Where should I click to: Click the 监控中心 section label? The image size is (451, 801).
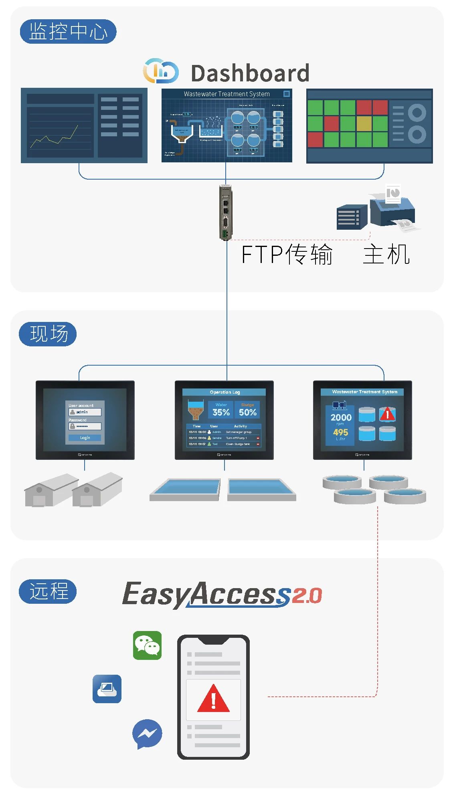[x=68, y=31]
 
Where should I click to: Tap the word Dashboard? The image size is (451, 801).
[x=250, y=73]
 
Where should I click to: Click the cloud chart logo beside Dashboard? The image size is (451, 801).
[x=161, y=71]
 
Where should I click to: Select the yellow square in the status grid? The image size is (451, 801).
[x=364, y=123]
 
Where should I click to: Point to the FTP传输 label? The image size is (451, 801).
[x=287, y=254]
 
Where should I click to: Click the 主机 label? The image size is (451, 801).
[x=386, y=254]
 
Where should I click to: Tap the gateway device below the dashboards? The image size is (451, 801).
[x=225, y=212]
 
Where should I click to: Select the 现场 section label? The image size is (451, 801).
[x=48, y=334]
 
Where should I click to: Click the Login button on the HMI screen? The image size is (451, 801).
[x=85, y=438]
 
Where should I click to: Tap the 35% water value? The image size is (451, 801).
[x=221, y=412]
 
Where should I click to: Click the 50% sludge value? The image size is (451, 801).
[x=247, y=412]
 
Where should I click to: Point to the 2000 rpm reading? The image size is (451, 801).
[x=341, y=417]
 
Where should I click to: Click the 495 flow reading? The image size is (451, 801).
[x=340, y=432]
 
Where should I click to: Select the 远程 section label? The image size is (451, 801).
[x=48, y=591]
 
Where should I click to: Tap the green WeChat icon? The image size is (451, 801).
[x=147, y=645]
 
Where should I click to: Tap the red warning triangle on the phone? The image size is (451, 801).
[x=213, y=699]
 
